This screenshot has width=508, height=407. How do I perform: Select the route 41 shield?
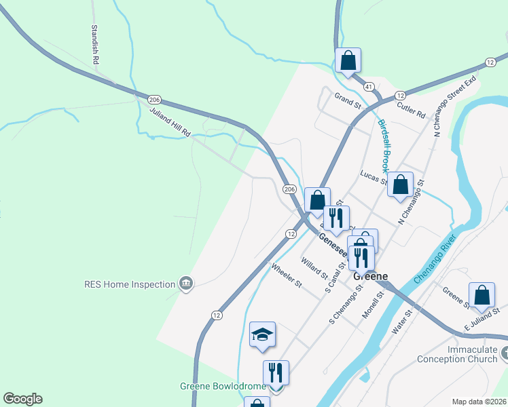tap(369, 87)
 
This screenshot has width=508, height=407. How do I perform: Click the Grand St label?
tap(346, 97)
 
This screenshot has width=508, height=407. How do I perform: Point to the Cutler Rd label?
tap(411, 109)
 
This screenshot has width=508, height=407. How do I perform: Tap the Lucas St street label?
tap(374, 178)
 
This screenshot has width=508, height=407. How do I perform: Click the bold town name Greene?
tap(371, 276)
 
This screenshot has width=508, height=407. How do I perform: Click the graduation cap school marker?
tap(262, 334)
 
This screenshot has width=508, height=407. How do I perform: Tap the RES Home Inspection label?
tap(130, 284)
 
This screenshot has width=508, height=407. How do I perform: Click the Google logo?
tap(22, 399)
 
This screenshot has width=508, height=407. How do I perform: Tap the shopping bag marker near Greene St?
tap(482, 294)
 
